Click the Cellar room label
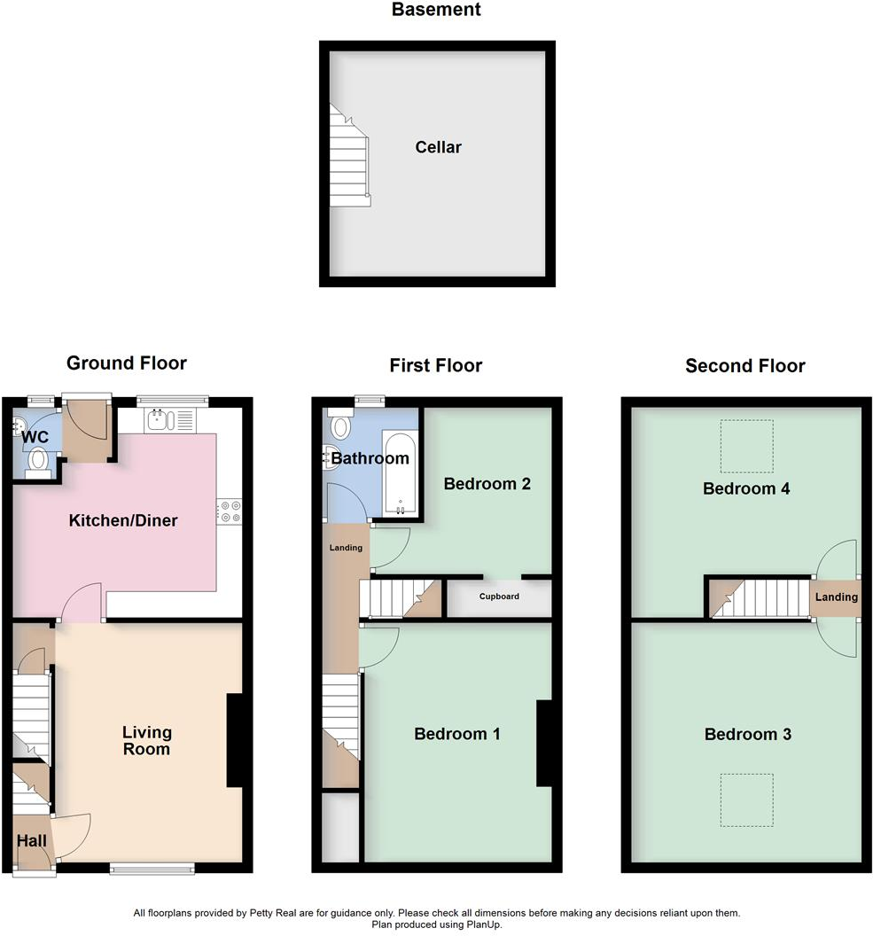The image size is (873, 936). point(438,147)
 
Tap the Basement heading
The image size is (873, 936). point(436,11)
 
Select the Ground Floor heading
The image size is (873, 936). point(127,363)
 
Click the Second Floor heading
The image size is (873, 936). point(744,365)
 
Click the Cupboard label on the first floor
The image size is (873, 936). point(499,597)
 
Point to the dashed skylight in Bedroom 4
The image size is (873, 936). point(746,446)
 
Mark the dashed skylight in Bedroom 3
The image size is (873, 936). point(746,799)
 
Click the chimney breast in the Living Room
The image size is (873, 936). point(235,740)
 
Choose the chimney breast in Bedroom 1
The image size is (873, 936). point(544,744)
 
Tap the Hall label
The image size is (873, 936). point(31,840)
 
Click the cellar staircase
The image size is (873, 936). point(348,157)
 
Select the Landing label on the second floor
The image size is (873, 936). point(836,597)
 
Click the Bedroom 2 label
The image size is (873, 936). point(487,484)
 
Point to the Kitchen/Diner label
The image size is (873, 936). point(123,520)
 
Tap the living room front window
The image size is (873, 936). point(152,869)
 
